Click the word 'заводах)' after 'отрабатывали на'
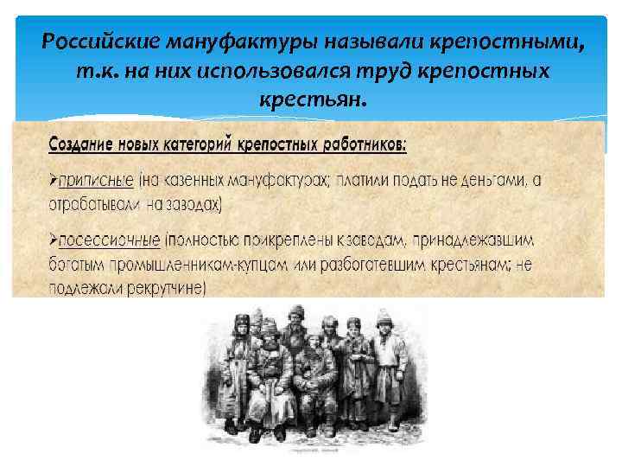pos(194,204)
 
